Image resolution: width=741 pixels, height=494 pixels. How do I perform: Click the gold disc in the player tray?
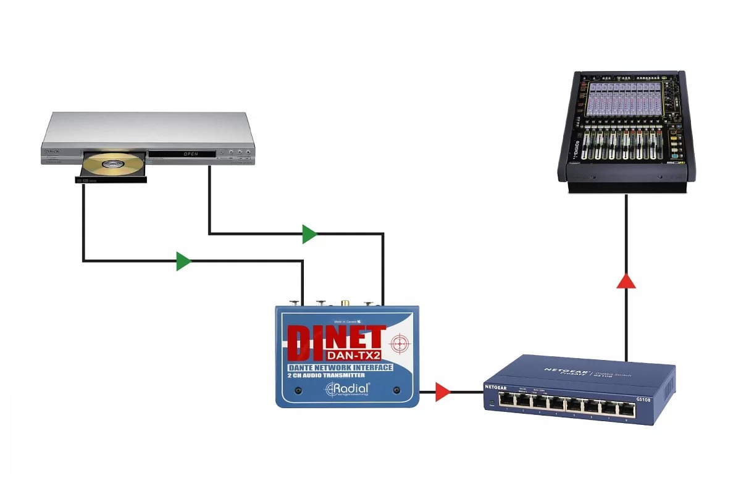[111, 164]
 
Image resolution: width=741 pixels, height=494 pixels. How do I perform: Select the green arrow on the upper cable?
[309, 234]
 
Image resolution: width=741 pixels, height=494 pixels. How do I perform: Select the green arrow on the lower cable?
[183, 261]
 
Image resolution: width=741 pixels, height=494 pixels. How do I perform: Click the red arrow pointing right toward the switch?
[442, 391]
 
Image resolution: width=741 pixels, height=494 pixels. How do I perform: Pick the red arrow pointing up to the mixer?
[627, 281]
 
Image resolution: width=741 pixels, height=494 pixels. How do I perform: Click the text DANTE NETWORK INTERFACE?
[340, 368]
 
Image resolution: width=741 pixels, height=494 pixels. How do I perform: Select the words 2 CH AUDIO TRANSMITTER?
[326, 375]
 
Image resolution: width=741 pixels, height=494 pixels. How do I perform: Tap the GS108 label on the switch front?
[643, 400]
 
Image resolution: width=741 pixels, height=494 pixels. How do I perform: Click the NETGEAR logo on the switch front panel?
[495, 387]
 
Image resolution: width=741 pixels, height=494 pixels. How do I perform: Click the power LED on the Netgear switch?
[491, 403]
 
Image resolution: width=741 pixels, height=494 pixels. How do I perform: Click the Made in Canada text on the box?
[347, 322]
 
